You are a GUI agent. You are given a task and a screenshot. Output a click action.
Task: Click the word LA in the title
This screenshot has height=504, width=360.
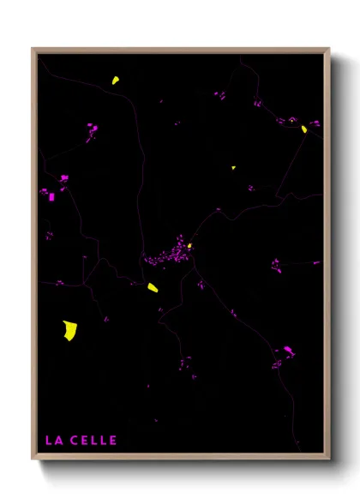[53, 441]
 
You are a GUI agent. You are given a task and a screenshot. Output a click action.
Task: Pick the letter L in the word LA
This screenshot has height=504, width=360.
[48, 441]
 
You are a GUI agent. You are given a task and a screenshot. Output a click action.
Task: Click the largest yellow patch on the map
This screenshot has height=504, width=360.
[69, 330]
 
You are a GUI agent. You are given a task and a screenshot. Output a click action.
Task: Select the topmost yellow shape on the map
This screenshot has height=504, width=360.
[114, 81]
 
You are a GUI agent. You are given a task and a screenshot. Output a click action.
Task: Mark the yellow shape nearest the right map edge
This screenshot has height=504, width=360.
[304, 129]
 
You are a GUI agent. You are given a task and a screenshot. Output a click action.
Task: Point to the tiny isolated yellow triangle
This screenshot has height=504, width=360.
[233, 168]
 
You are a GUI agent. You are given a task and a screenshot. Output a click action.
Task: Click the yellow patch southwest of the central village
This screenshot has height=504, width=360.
[153, 288]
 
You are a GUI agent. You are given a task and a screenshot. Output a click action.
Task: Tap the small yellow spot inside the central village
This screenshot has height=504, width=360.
[189, 247]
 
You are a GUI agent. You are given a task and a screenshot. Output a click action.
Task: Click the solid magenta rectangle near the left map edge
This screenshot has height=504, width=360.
[51, 197]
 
